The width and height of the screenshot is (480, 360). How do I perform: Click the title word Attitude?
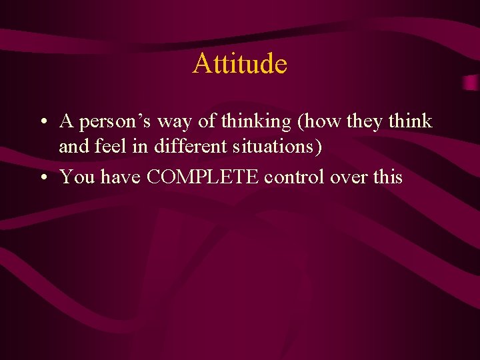(x=240, y=64)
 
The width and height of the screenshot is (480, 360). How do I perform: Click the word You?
(x=75, y=177)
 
